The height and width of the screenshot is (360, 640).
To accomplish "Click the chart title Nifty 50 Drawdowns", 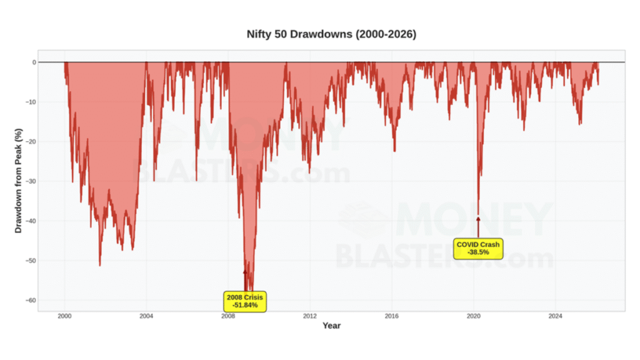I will coord(331,34).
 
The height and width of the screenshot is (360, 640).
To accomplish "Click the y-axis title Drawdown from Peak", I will coord(19,181).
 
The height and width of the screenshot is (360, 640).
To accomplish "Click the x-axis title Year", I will coord(331,326).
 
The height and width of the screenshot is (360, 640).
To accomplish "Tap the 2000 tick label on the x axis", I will coord(65,316).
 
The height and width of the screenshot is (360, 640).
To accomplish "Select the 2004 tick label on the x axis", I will coord(146,316).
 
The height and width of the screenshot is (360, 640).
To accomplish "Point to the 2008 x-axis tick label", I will coord(228,316).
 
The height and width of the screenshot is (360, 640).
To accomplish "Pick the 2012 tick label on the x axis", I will coord(310,316).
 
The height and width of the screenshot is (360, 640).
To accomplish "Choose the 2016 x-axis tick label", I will coord(392,316).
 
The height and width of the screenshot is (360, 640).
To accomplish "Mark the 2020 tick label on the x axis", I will coord(474,316).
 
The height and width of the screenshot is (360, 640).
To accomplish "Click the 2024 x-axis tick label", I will coord(555,316).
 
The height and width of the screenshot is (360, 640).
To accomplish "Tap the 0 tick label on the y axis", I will coord(34,62).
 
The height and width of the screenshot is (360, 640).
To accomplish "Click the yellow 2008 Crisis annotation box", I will coord(245,301).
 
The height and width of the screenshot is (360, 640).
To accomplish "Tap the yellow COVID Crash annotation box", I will coord(478,248).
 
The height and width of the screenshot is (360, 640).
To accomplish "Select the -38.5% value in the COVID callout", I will coord(478,252).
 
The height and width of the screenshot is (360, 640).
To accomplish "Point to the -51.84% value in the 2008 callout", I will coord(245,306).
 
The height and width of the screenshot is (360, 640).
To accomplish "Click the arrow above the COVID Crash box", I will coord(478,226).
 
